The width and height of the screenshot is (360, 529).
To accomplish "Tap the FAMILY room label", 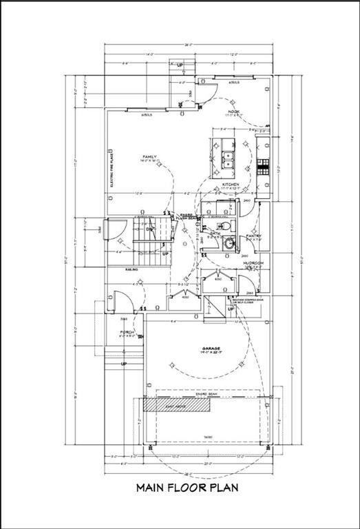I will [x=149, y=157].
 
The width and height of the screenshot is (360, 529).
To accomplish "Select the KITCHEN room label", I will [x=230, y=185].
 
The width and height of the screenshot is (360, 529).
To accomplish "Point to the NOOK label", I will [x=233, y=112].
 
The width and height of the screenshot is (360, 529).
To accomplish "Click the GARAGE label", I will [x=211, y=348].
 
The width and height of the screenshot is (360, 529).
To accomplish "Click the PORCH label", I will [x=125, y=333].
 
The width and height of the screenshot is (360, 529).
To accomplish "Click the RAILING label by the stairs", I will [x=131, y=269].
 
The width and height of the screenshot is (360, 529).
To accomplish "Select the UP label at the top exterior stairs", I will [x=180, y=65].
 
